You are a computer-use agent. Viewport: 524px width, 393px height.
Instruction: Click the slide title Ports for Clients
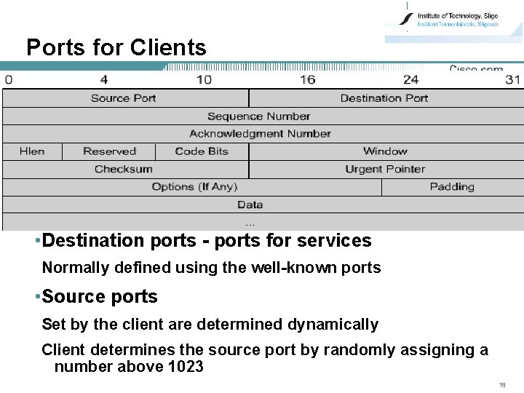click(116, 48)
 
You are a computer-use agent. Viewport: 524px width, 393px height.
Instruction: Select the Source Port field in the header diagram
click(124, 98)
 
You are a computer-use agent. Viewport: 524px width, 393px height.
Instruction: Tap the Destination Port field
click(384, 98)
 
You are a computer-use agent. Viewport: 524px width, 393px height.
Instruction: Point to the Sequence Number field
click(258, 116)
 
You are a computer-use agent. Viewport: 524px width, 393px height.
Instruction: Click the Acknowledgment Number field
click(260, 134)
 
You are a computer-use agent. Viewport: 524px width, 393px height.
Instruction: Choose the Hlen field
click(32, 151)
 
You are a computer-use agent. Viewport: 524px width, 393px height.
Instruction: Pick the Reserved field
click(109, 151)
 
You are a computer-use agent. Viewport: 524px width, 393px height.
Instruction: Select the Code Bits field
click(202, 151)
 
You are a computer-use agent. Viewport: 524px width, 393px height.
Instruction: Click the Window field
click(385, 151)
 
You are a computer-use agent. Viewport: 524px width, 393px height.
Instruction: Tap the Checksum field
click(124, 170)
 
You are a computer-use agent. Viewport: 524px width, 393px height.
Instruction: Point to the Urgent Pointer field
click(385, 170)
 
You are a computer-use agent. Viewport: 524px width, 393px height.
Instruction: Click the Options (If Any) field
click(194, 187)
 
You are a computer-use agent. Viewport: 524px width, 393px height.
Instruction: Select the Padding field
click(452, 187)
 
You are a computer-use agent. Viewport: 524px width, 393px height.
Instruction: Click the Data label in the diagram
click(250, 205)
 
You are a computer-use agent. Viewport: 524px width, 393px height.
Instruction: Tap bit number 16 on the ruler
click(307, 79)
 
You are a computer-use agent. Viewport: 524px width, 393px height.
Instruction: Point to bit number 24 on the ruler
click(411, 79)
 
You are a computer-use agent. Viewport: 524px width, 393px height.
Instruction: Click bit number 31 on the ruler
click(512, 79)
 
